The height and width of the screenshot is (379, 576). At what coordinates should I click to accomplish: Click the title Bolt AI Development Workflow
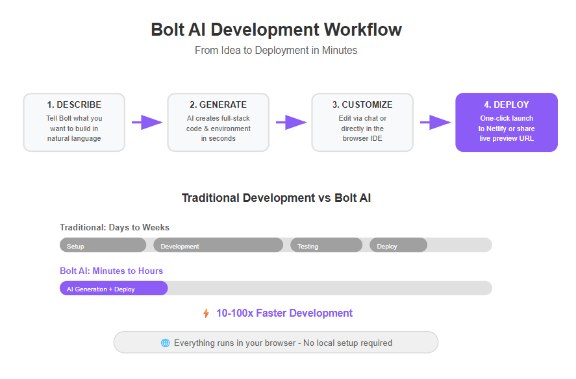(276, 29)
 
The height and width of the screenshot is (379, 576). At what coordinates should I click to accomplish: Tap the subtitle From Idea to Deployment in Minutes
(276, 51)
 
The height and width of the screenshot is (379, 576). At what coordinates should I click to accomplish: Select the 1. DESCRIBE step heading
(74, 104)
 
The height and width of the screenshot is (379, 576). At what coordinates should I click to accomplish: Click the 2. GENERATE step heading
(218, 104)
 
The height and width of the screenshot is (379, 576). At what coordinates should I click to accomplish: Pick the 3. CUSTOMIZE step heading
(362, 104)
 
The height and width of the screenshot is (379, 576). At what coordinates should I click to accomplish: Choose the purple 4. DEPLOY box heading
(507, 104)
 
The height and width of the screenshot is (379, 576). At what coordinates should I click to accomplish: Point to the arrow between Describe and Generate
(147, 122)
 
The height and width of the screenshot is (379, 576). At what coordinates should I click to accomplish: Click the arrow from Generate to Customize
(291, 122)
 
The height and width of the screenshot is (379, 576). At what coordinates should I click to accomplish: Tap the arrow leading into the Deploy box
(435, 122)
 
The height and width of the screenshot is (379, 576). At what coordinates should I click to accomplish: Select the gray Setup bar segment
(103, 245)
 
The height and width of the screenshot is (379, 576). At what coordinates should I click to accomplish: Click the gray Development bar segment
(218, 245)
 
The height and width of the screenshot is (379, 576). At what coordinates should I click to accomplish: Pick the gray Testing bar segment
(326, 245)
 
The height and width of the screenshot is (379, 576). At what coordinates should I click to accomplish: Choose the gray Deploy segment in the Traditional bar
(398, 245)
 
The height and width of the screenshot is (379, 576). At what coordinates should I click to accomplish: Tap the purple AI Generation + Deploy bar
(114, 288)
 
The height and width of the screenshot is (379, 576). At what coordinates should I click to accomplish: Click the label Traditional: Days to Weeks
(114, 227)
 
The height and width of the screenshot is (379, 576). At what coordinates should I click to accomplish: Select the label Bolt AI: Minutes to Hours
(111, 271)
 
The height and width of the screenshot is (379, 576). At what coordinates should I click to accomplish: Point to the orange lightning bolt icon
(206, 313)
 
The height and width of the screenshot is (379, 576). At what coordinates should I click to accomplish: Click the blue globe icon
(166, 343)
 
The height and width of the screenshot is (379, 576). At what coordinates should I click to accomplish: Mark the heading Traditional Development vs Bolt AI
(276, 198)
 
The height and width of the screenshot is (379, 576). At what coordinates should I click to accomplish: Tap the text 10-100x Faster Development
(284, 313)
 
